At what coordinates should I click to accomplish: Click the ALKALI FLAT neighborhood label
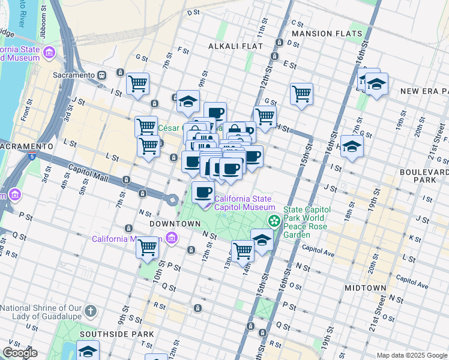pos(232,46)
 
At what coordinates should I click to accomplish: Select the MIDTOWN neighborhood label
pos(365,288)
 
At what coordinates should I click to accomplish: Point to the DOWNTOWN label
pos(174,223)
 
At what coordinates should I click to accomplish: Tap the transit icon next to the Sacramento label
pos(102,75)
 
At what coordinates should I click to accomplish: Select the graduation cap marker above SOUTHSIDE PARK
pos(88,351)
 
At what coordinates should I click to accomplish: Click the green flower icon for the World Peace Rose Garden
pos(274,221)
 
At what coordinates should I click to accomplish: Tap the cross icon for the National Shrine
pos(89,311)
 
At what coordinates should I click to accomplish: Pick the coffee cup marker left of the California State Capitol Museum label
pos(203,192)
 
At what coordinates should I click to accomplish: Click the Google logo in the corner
pos(20,353)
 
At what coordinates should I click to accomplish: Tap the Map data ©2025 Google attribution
pos(411,355)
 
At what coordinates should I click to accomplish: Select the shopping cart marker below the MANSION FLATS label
pos(301,93)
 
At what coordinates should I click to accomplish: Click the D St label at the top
pos(193,12)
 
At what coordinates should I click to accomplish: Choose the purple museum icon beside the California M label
pos(173,239)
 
